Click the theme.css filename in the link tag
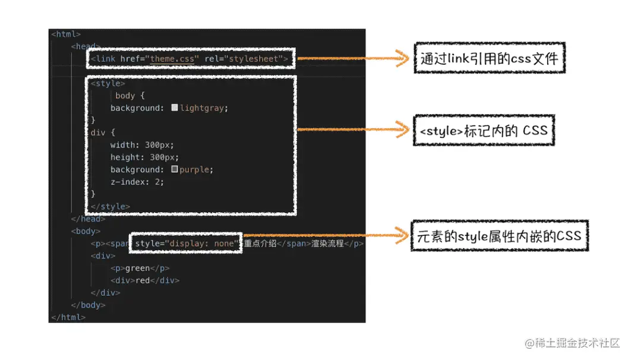[172, 59]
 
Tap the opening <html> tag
[66, 34]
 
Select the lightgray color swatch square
[174, 108]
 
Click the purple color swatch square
[174, 169]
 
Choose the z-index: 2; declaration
[137, 181]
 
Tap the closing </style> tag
[110, 207]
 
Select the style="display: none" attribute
[186, 244]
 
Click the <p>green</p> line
[140, 268]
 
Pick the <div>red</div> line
[144, 280]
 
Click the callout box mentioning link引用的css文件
[490, 58]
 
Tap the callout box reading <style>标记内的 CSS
[484, 130]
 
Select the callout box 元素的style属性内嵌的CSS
[499, 236]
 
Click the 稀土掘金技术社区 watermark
[571, 343]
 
